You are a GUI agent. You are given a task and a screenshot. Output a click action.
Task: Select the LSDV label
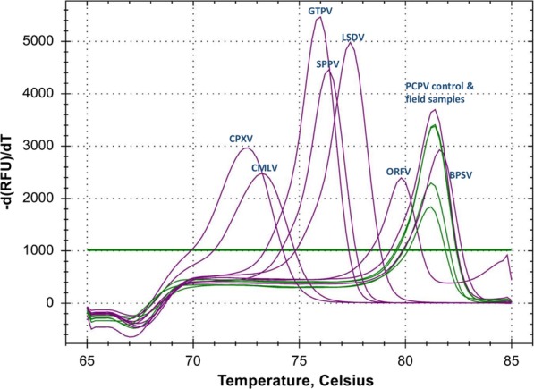(353, 38)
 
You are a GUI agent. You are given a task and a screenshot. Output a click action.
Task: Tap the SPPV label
(327, 63)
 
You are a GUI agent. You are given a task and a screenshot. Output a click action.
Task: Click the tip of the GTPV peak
(318, 18)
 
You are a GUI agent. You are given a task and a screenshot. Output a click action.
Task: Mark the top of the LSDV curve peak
(350, 44)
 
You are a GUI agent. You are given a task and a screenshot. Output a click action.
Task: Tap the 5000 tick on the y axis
(60, 42)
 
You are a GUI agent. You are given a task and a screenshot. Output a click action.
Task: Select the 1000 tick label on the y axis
(60, 250)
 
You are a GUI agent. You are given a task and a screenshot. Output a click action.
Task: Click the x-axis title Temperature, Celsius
(299, 378)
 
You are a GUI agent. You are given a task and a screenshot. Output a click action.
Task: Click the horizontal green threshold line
(179, 250)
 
